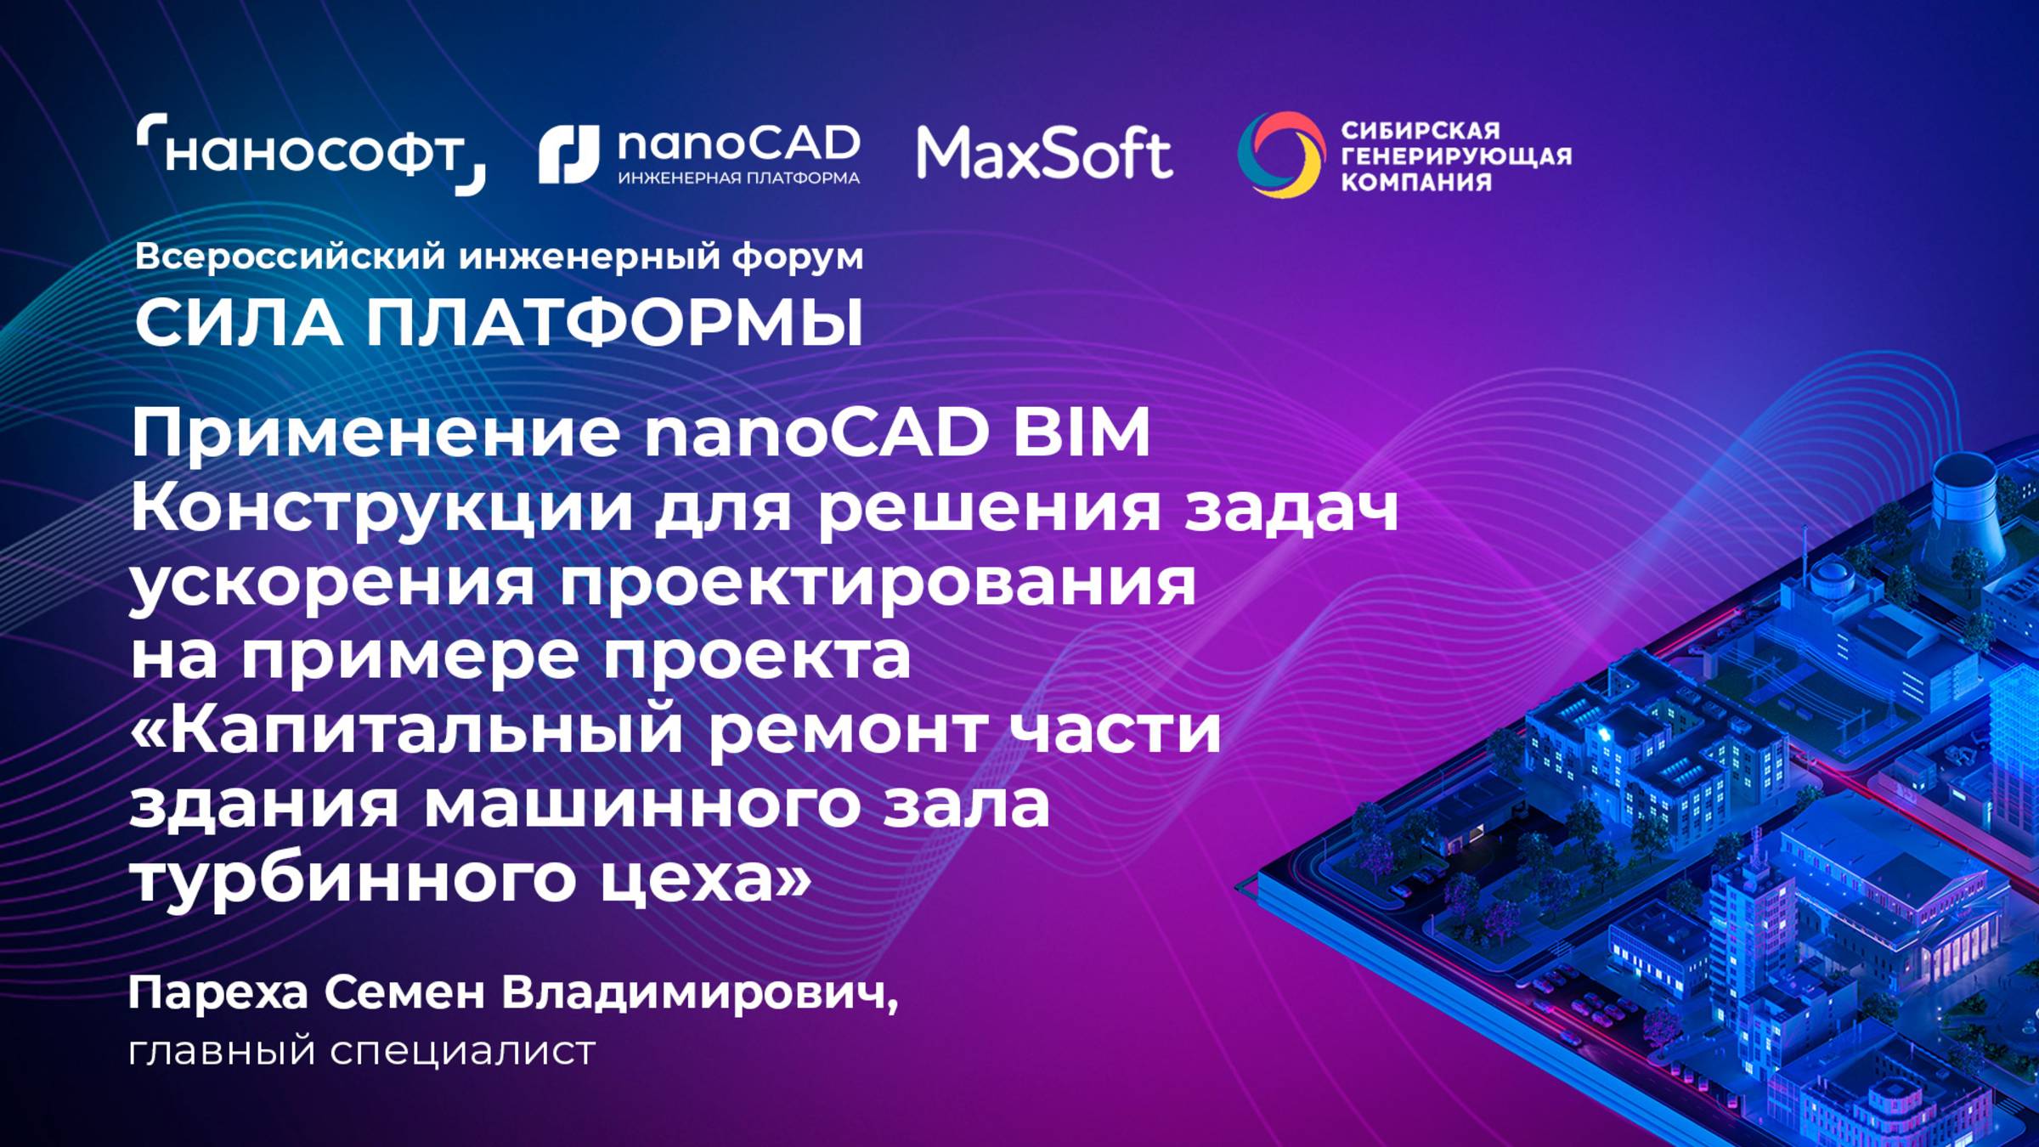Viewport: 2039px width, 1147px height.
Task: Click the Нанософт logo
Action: (x=311, y=154)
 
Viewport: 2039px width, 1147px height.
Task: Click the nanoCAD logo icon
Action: (x=568, y=155)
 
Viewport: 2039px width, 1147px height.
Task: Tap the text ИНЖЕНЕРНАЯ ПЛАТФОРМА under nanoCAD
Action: (x=738, y=178)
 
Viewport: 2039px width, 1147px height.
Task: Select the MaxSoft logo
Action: (x=1044, y=154)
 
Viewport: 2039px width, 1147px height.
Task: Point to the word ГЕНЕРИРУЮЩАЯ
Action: (x=1455, y=156)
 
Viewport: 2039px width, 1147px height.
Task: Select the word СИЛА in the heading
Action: (x=239, y=324)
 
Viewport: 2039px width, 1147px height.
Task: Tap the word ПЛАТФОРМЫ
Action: (x=614, y=324)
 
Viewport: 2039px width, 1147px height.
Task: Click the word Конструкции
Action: (x=381, y=508)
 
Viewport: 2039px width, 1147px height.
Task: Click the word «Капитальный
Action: (x=407, y=730)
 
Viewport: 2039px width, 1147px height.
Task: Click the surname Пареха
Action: (x=217, y=992)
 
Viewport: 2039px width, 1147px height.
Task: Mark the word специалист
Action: (x=462, y=1051)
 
